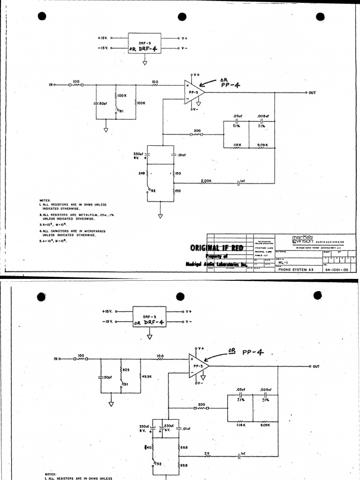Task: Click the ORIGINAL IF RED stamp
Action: coord(217,247)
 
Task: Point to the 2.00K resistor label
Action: coord(206,180)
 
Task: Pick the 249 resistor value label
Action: coord(142,173)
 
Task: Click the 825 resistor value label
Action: coord(126,370)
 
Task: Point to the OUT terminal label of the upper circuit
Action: coord(312,93)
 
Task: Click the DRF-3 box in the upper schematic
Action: coord(144,43)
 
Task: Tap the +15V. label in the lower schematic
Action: coord(106,311)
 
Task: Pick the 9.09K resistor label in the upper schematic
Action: coord(262,145)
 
